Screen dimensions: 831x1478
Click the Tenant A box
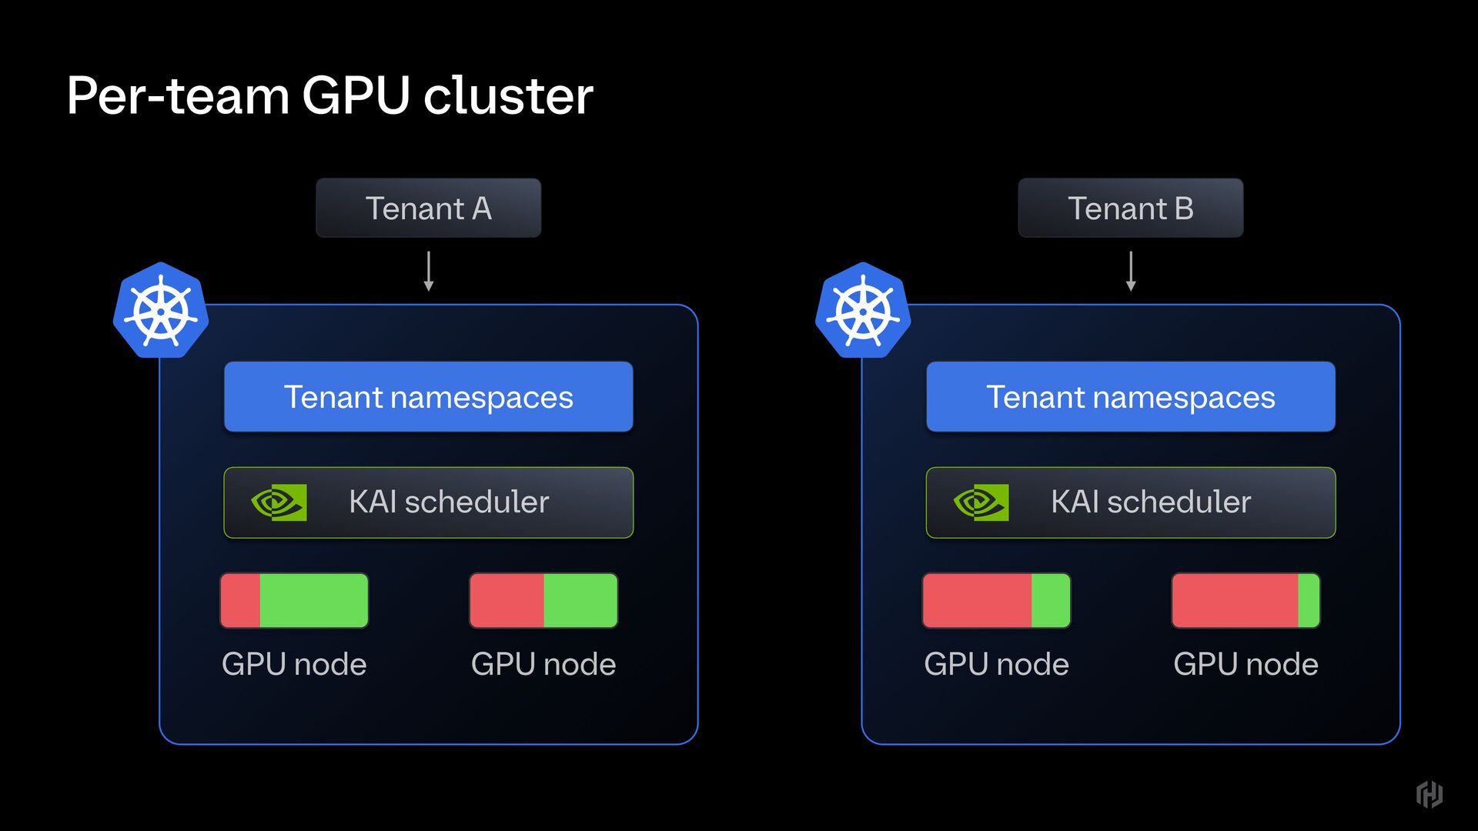coord(428,208)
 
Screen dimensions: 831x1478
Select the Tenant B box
coord(1130,208)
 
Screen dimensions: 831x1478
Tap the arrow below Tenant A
coord(429,271)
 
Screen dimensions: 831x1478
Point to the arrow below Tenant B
coord(1131,271)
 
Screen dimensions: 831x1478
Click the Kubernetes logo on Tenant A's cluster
coord(161,311)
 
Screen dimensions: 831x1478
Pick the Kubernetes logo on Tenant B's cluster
coord(863,311)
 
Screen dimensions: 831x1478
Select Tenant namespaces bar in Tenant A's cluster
coord(428,397)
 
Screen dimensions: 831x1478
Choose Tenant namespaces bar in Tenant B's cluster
coord(1130,397)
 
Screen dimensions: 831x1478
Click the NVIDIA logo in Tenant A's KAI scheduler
coord(279,502)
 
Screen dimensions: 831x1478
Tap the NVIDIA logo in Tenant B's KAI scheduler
coord(981,502)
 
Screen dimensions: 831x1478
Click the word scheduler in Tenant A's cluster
coord(477,502)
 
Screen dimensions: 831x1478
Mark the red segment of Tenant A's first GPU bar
coord(240,600)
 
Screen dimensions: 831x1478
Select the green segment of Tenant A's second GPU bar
coord(580,600)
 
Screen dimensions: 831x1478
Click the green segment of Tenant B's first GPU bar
coord(1051,600)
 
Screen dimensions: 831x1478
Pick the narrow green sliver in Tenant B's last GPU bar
coord(1309,600)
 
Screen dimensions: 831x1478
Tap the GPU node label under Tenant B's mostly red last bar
coord(1246,664)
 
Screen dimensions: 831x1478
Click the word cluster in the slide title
coord(508,96)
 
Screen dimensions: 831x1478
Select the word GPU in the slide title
coord(355,96)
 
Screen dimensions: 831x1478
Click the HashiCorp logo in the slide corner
coord(1430,794)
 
